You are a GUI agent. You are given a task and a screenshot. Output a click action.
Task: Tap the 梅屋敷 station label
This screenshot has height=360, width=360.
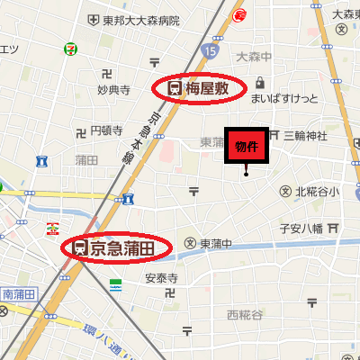pos(206,88)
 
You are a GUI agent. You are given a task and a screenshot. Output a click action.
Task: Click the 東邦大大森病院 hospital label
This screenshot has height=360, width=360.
pos(140,20)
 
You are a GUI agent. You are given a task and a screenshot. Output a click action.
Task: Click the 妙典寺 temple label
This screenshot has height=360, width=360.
pos(114,90)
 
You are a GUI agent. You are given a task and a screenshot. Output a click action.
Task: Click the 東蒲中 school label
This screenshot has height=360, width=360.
pos(216,243)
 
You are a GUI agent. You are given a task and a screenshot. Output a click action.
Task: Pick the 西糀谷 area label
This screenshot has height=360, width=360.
pos(245,314)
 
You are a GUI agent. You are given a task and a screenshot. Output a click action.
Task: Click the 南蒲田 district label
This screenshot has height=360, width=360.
pos(18,292)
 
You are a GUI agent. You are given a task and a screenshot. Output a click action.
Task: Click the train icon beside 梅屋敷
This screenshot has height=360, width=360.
pos(173,88)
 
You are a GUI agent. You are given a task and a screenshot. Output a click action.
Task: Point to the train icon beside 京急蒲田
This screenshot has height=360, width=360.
pos(80,247)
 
